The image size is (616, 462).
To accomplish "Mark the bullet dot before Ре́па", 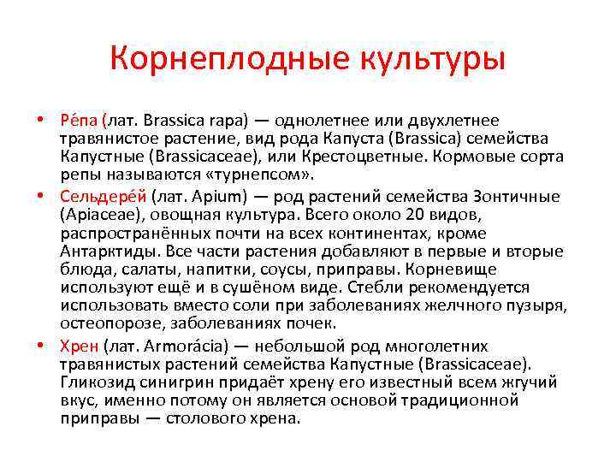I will [x=52, y=121].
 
